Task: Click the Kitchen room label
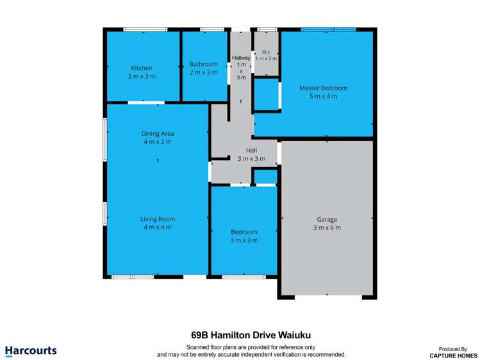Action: coord(142,68)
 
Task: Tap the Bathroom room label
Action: coord(203,64)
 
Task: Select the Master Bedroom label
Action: coord(323,88)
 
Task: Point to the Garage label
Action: coord(326,219)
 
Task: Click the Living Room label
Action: coord(158,219)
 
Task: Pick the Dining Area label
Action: coord(158,133)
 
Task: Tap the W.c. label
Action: coord(266,52)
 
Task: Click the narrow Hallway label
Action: coord(241,58)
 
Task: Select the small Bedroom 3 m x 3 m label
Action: coord(244,232)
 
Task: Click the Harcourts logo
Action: coord(31,350)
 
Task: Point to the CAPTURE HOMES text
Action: coord(453,355)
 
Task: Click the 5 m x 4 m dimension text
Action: coord(323,96)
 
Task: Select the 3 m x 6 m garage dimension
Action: coord(326,227)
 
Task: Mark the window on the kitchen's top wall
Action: coord(145,29)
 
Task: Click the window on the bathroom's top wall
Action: coord(211,29)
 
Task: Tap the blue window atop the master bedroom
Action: coord(328,29)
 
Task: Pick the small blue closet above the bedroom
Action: coord(265,177)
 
